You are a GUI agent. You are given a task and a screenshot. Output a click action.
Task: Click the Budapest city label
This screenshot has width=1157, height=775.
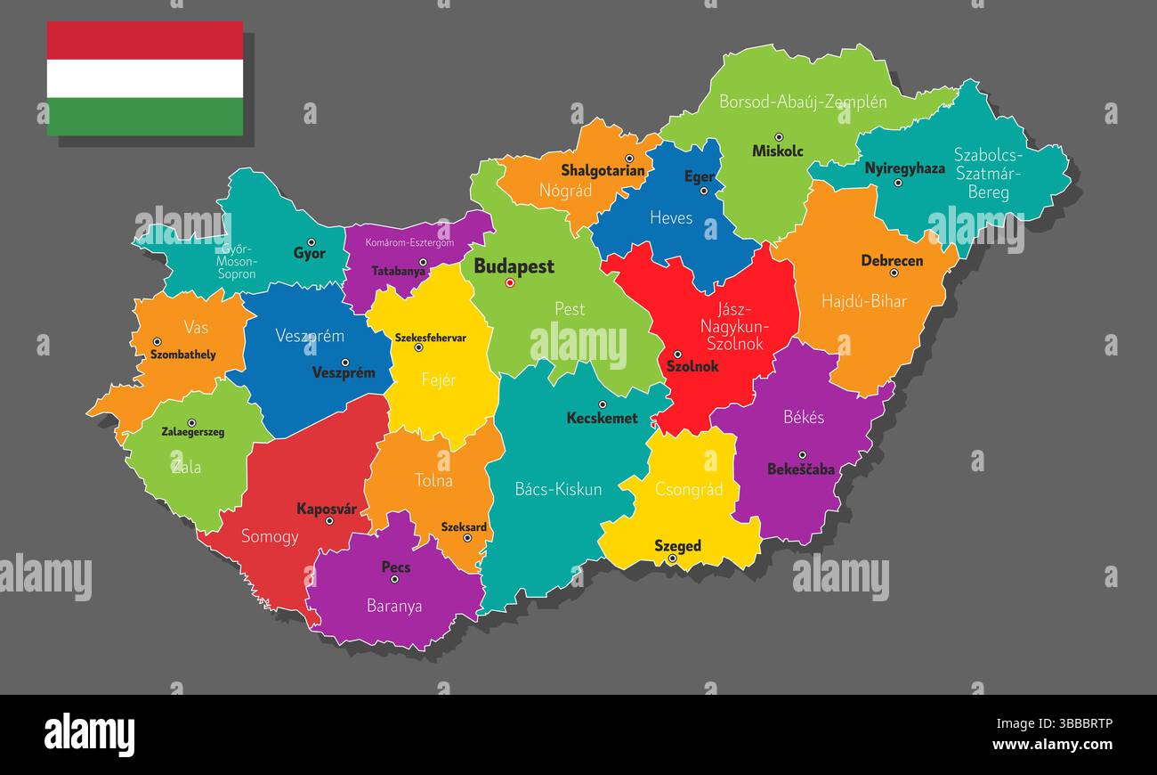point(514,265)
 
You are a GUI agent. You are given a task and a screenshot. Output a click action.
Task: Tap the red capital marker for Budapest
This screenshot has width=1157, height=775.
point(510,283)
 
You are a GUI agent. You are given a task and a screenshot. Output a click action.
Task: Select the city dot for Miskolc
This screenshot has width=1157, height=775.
point(779,137)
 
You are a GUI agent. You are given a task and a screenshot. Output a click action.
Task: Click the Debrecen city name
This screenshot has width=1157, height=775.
point(892,261)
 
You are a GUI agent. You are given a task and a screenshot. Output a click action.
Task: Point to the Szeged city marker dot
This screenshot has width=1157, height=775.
point(672,559)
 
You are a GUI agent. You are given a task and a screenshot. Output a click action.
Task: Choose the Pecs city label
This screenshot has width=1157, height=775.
point(396,567)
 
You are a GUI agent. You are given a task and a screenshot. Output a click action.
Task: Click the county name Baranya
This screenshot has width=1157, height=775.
point(394,606)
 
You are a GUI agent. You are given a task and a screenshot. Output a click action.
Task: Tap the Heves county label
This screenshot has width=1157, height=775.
point(671,217)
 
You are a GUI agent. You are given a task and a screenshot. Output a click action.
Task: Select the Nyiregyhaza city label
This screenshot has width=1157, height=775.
point(904,167)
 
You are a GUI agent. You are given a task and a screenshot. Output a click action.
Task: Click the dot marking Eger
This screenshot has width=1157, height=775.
point(703,191)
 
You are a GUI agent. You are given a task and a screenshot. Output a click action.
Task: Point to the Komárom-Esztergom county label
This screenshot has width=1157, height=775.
point(410,242)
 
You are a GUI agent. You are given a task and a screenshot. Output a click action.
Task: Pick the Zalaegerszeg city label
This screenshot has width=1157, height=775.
point(192,432)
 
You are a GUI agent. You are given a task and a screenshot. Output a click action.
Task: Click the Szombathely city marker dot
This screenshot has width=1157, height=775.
point(157,342)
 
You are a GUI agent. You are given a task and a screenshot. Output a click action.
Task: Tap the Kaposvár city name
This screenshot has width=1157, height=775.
point(327,510)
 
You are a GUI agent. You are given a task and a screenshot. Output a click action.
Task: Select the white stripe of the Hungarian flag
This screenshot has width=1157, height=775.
point(145,78)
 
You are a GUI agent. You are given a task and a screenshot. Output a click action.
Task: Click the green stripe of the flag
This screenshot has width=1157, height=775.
point(145,117)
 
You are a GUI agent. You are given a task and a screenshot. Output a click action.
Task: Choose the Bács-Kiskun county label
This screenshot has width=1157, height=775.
point(558,489)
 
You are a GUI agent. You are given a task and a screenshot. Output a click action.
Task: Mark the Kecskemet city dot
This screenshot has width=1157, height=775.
point(602,404)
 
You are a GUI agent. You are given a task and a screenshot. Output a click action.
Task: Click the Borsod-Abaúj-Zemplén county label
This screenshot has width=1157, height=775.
point(803,102)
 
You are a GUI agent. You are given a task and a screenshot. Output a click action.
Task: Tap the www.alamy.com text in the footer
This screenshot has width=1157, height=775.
point(1052,744)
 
